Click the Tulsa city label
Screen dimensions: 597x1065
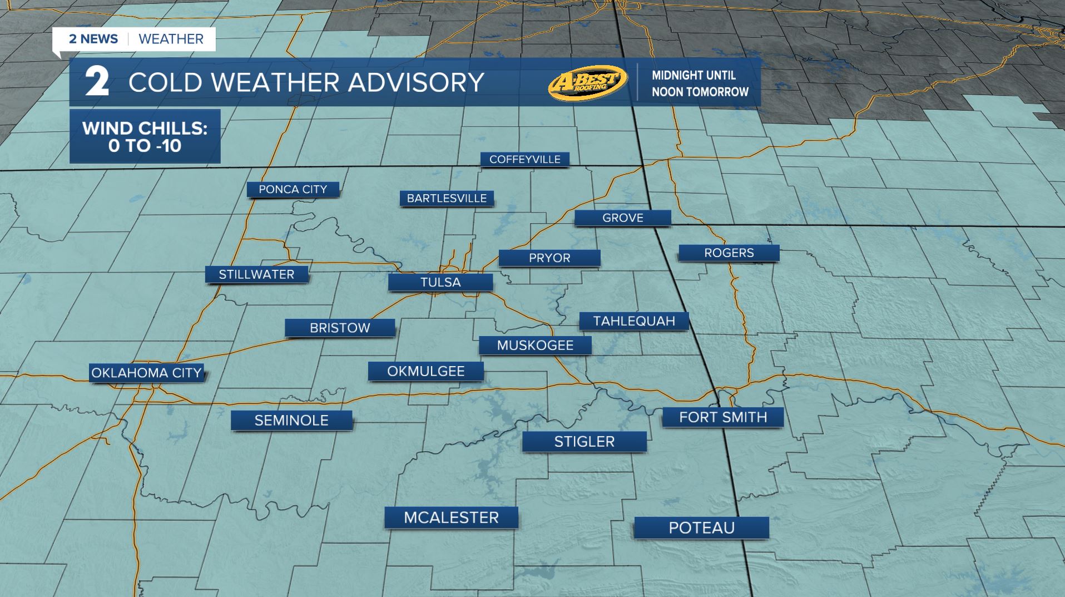coord(440,282)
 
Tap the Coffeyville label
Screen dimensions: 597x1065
coord(524,160)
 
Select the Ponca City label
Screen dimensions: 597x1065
coord(293,189)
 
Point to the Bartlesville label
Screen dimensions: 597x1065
coord(447,198)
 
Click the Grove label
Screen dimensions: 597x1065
coord(622,218)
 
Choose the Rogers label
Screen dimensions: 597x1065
coord(729,253)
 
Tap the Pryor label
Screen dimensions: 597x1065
coord(549,258)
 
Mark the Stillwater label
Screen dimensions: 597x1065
coord(256,274)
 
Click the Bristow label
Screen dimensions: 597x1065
coord(340,328)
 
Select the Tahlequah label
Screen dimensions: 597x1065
coord(634,321)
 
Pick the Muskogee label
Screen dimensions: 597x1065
coord(535,346)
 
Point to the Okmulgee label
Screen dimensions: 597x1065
coord(426,371)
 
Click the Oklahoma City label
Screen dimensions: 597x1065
coord(146,373)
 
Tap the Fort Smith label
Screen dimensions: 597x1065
coord(723,417)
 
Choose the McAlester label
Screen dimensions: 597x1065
coord(451,517)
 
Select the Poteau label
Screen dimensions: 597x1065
coord(701,527)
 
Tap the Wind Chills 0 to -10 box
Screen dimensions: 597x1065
coord(145,137)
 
